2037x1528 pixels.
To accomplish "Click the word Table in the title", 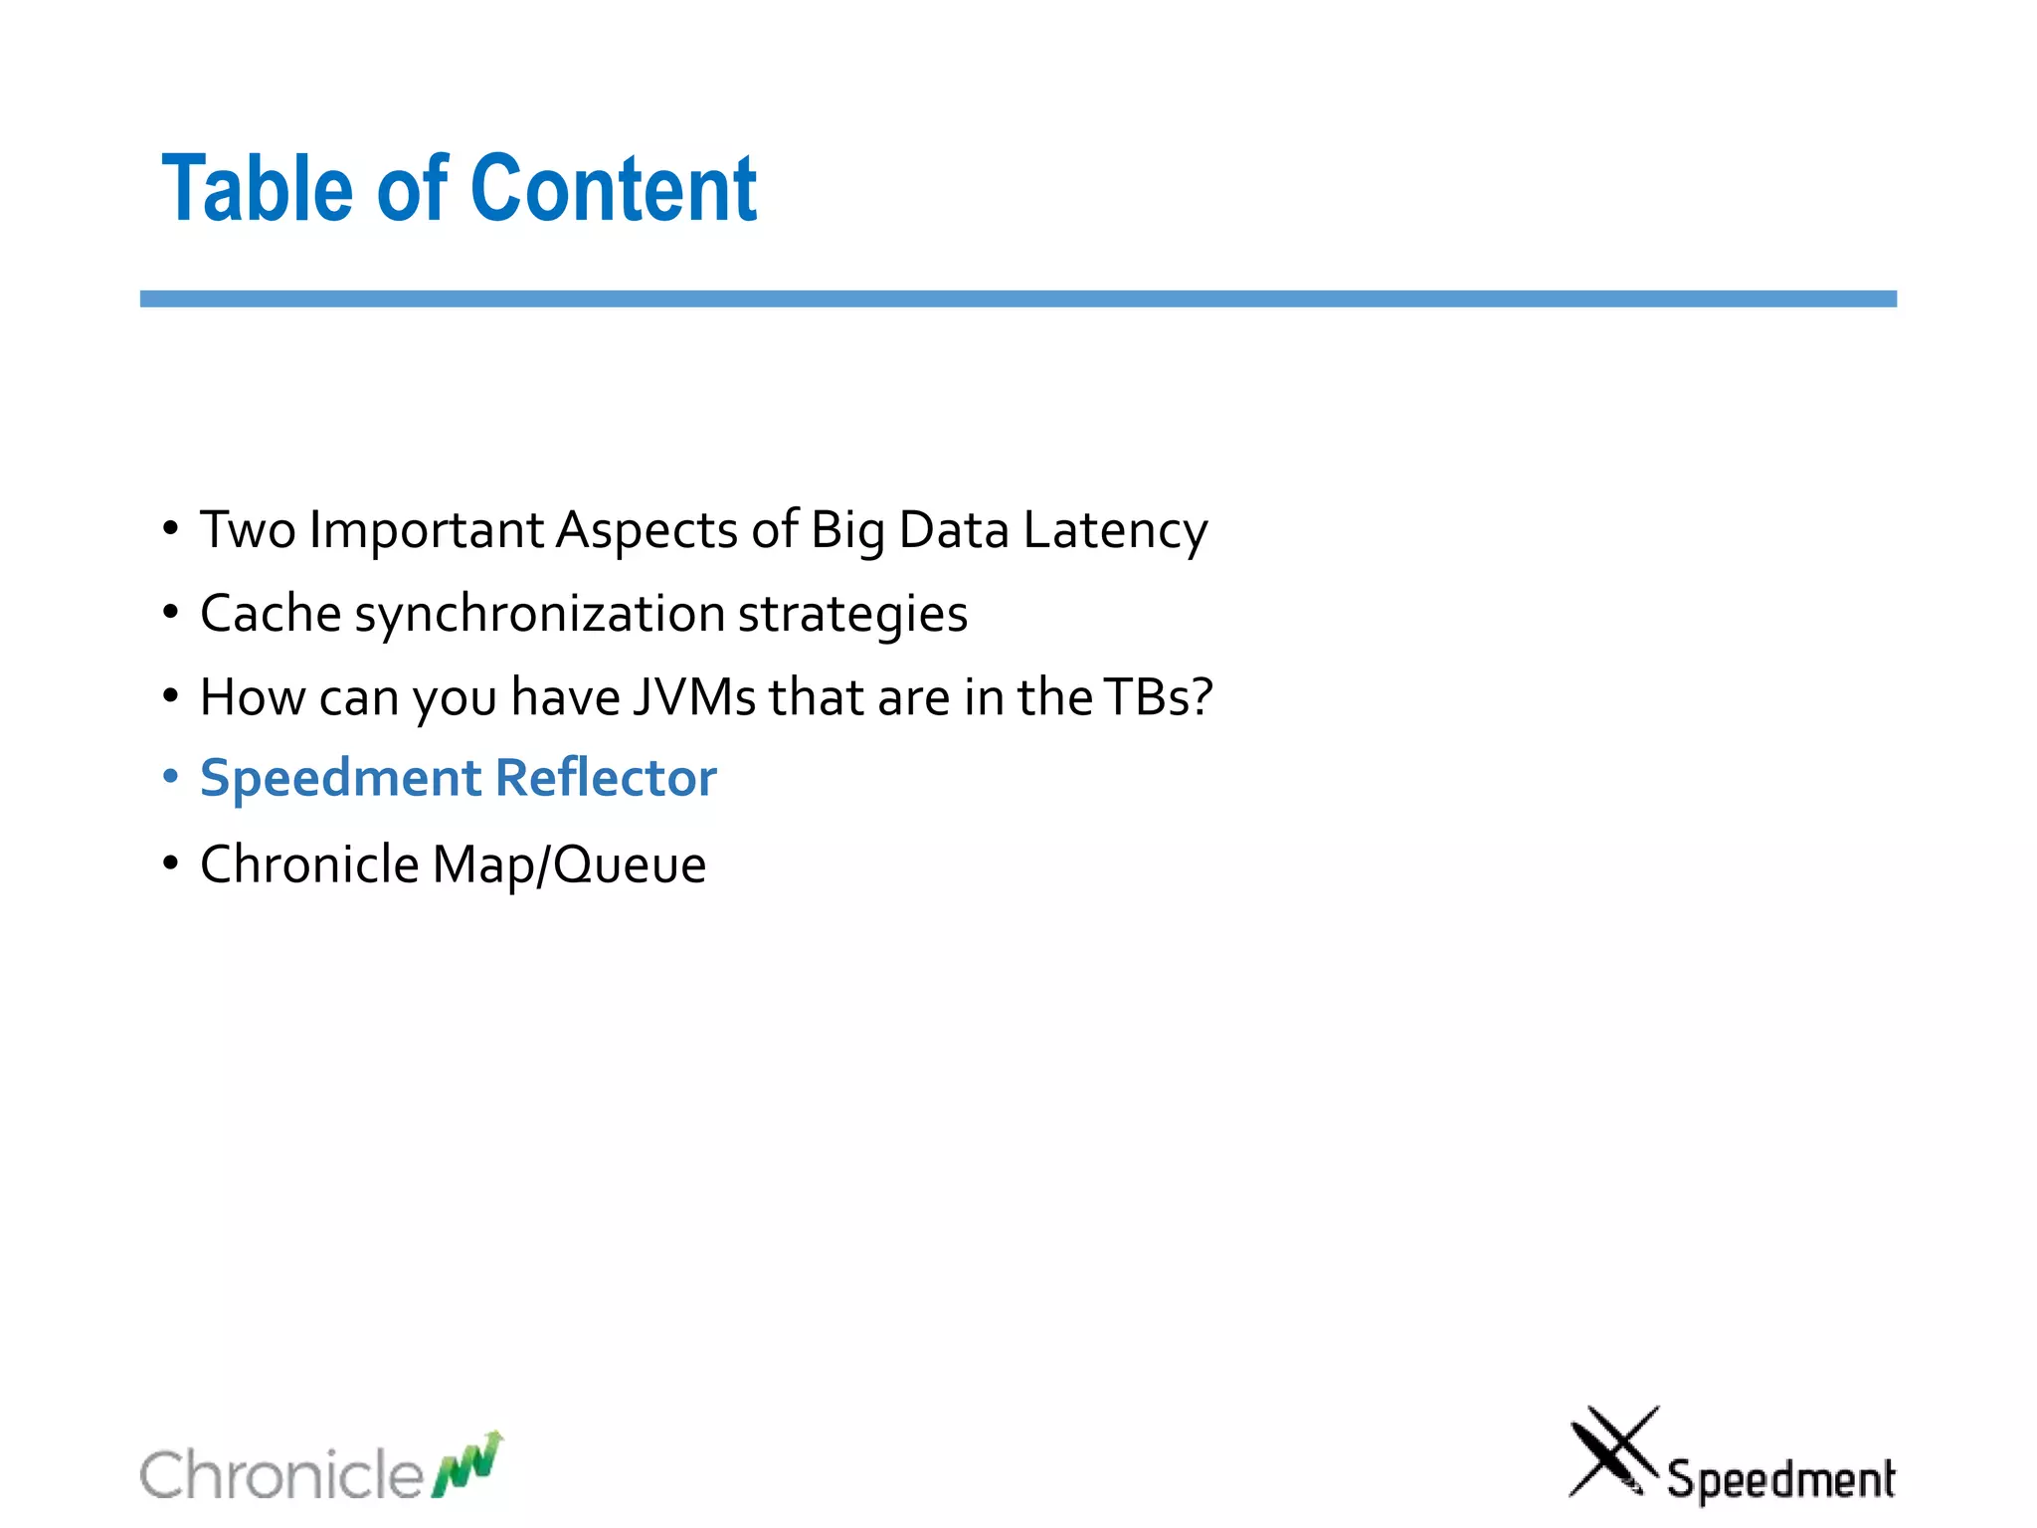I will click(x=257, y=189).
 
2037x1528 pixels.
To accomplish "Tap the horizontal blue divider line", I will click(x=1018, y=298).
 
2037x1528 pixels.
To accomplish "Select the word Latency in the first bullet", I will click(x=1115, y=530).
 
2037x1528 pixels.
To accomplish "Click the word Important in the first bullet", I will click(x=426, y=530).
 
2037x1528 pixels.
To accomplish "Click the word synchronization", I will click(x=539, y=615).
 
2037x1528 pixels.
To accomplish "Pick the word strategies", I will click(x=852, y=615).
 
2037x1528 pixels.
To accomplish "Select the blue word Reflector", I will click(x=606, y=778).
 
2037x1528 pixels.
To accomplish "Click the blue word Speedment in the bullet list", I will click(x=340, y=780).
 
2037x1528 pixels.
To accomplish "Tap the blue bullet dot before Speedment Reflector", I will click(x=171, y=776).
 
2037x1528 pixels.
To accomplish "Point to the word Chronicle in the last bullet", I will click(x=309, y=863).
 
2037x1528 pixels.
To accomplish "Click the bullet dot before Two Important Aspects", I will click(x=171, y=528).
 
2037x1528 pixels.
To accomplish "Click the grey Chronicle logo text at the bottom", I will click(x=282, y=1474).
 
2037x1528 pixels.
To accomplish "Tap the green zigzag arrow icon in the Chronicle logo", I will click(x=467, y=1464).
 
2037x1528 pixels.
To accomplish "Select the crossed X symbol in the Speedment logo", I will click(x=1612, y=1451).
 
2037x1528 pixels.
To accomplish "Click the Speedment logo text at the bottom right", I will click(x=1780, y=1479).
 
